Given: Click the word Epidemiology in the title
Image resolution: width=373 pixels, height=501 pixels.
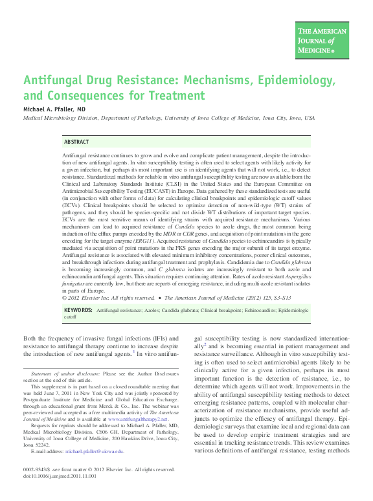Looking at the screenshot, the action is tap(291, 82).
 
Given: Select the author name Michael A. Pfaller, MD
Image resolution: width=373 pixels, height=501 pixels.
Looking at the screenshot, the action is tap(54, 110).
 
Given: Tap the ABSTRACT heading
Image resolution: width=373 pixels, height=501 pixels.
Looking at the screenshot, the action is tap(77, 141).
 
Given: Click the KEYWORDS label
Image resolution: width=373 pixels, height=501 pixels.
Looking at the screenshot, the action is tap(77, 311).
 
